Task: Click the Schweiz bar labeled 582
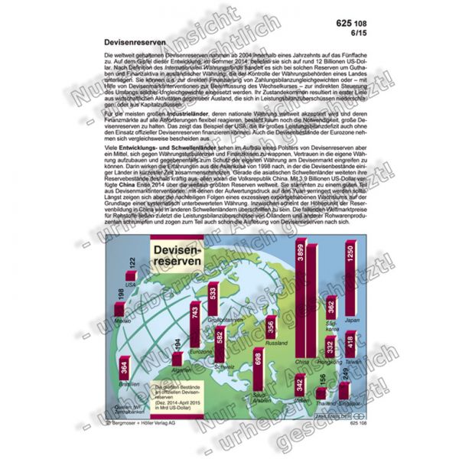pyautogui.click(x=220, y=347)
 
